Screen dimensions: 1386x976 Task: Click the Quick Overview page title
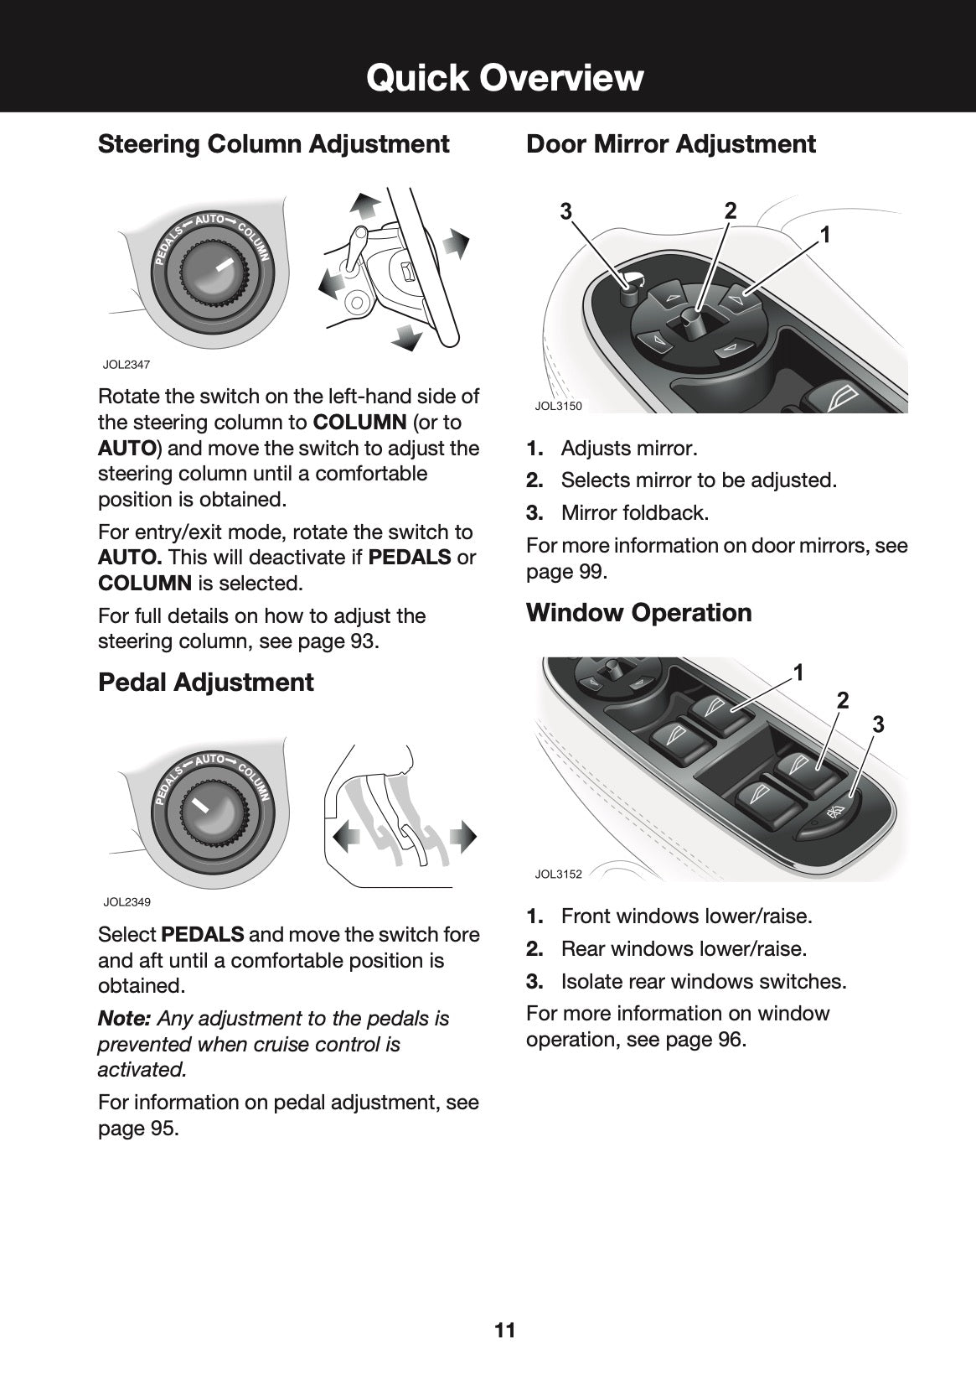click(504, 78)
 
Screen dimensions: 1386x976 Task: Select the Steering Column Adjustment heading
click(274, 143)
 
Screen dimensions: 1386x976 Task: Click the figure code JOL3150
click(558, 406)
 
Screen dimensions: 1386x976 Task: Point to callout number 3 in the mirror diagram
click(566, 212)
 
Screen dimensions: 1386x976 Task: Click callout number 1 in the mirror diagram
click(825, 236)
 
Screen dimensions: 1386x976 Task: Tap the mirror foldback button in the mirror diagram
click(628, 289)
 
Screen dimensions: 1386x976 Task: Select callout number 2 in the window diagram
click(843, 700)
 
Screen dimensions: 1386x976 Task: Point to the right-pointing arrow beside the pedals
click(462, 836)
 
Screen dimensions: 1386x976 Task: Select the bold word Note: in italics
click(124, 1019)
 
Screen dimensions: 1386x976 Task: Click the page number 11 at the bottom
click(504, 1330)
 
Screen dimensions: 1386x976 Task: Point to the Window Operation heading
click(638, 612)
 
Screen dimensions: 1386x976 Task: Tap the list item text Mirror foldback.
click(634, 512)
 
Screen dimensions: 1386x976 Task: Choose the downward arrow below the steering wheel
click(408, 337)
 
